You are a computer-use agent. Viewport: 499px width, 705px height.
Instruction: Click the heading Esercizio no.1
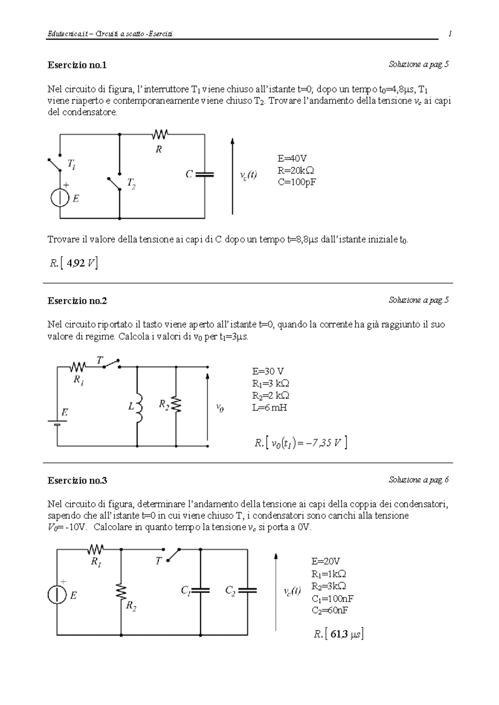click(x=77, y=65)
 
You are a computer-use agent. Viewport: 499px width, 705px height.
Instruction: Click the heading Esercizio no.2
click(x=77, y=301)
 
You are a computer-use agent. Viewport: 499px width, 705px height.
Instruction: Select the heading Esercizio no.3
click(x=77, y=481)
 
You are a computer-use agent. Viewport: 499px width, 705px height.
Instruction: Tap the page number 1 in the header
click(x=450, y=34)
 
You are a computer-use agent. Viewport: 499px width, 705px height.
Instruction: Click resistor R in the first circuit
click(x=160, y=134)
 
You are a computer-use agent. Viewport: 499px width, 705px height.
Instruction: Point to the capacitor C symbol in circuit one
click(x=205, y=175)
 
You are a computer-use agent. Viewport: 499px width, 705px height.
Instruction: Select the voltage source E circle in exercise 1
click(x=60, y=198)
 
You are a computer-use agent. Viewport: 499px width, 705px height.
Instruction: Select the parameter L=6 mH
click(x=269, y=408)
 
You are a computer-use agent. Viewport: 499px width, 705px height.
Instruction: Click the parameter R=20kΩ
click(x=296, y=170)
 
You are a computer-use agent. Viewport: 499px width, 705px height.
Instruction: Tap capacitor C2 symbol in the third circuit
click(x=248, y=590)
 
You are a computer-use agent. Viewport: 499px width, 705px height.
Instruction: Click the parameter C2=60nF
click(x=330, y=610)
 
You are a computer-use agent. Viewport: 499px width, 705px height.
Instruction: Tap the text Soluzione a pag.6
click(x=418, y=480)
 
